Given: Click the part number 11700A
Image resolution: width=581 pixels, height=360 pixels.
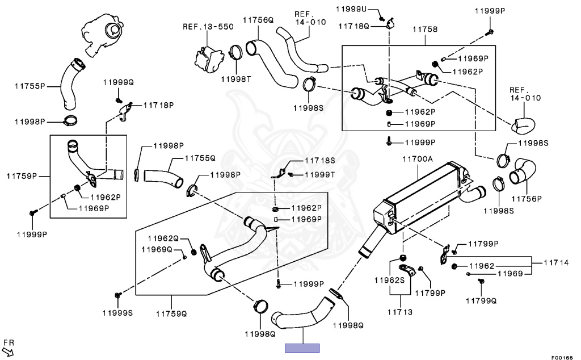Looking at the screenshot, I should (418, 160).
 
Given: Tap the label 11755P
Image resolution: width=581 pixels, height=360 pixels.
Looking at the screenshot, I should (30, 86).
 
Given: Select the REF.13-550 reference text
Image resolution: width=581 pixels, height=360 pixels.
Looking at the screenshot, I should (207, 26).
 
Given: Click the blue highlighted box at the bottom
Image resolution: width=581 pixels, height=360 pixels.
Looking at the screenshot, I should (302, 348).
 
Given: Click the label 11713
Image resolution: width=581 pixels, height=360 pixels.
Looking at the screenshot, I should (400, 312).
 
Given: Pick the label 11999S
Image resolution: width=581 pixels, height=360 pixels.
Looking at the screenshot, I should (118, 313).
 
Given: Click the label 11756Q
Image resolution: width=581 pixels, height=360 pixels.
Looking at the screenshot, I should (258, 20).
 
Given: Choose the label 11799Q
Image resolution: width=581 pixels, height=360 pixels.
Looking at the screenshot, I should (481, 300).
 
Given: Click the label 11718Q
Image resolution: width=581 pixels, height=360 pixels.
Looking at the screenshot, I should (354, 26).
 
